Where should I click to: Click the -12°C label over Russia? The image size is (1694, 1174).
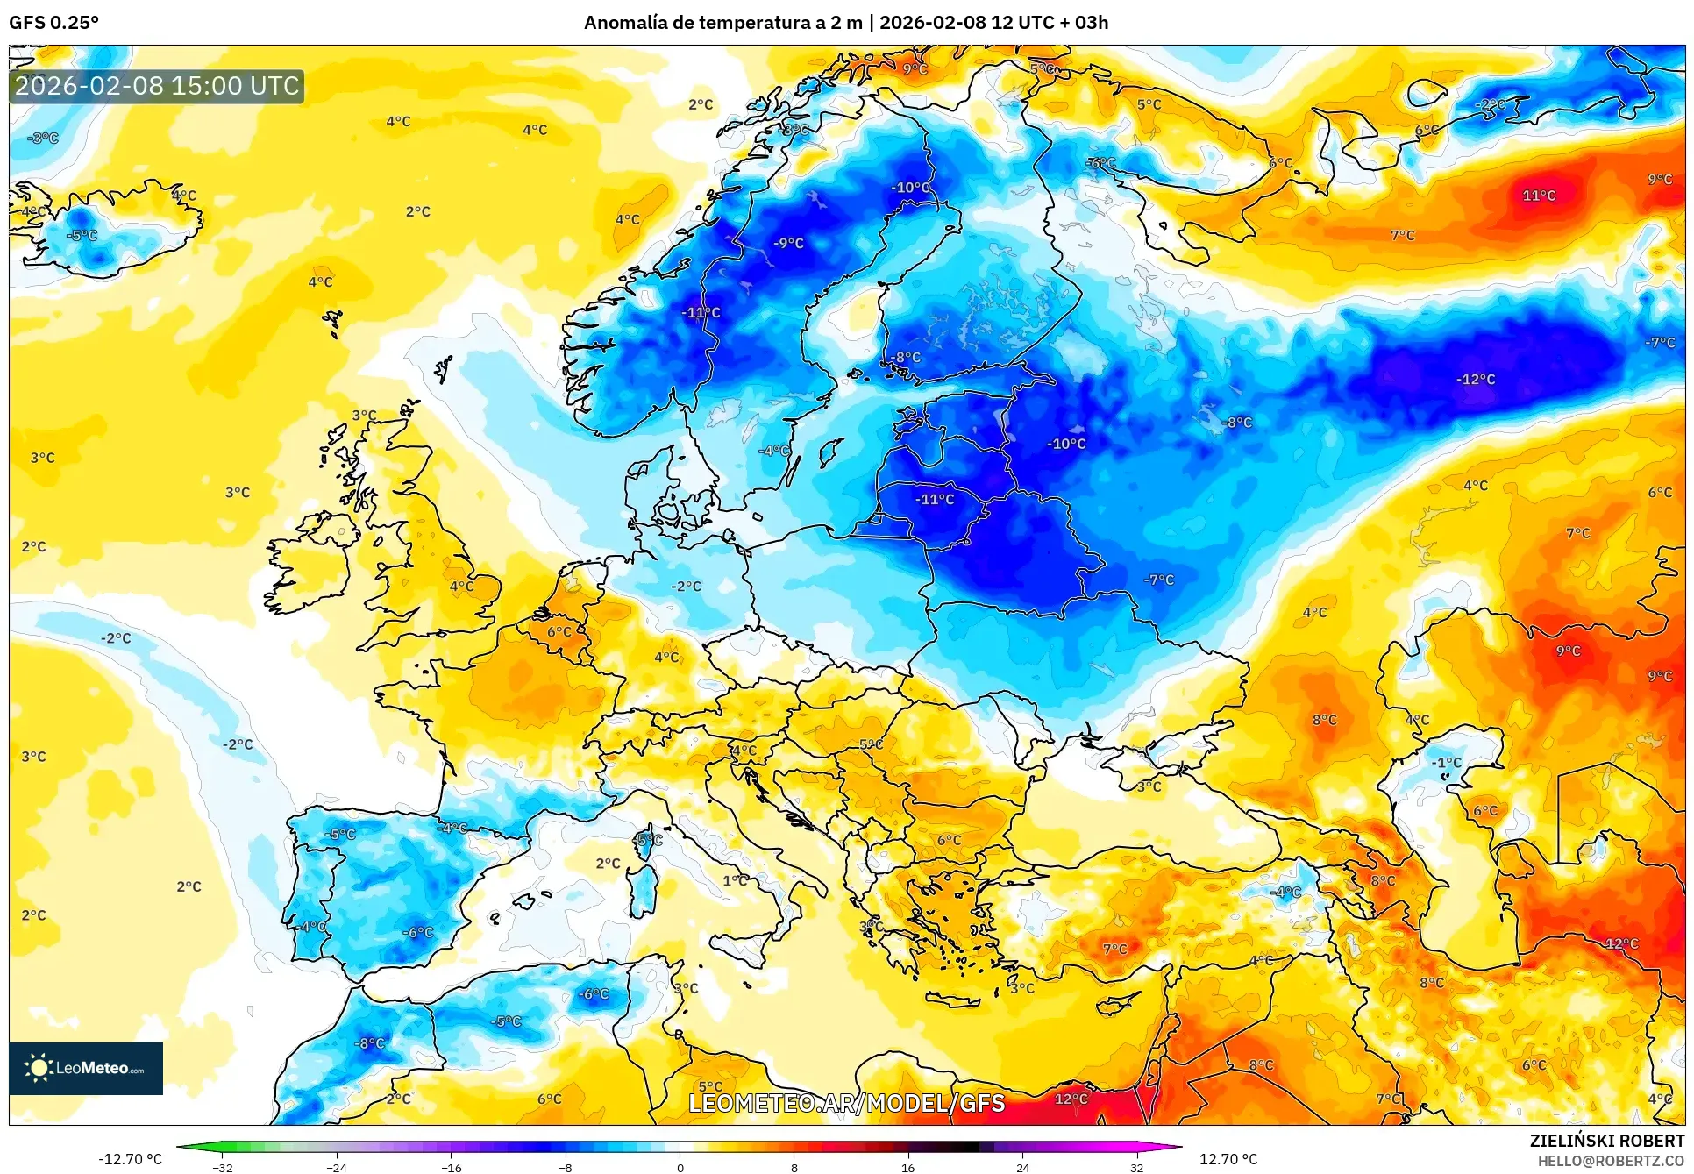pos(1476,380)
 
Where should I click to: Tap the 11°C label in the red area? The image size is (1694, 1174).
pos(1539,196)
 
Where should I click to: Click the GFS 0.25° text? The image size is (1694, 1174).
pos(53,22)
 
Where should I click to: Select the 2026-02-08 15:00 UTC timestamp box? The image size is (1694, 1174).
pos(157,86)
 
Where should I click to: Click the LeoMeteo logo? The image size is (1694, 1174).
pos(86,1068)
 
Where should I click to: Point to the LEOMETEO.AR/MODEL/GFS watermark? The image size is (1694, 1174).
pos(846,1103)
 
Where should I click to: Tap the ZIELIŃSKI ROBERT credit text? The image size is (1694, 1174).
pos(1606,1141)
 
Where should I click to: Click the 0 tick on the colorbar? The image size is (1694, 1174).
pos(680,1167)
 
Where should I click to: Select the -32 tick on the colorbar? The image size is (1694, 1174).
pos(223,1167)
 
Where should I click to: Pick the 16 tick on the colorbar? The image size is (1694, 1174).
pos(907,1167)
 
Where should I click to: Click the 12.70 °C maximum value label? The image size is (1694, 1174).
pos(1228,1159)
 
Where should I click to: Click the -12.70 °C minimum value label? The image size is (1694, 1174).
pos(130,1159)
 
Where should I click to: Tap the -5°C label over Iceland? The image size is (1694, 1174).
pos(83,236)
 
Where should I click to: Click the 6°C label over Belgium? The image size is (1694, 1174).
pos(559,631)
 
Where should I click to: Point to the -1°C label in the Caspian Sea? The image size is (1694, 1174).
pos(1447,763)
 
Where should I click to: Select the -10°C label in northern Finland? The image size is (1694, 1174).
pos(910,188)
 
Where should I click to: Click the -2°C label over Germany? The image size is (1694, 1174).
pos(686,586)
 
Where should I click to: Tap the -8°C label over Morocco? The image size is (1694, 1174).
pos(369,1043)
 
